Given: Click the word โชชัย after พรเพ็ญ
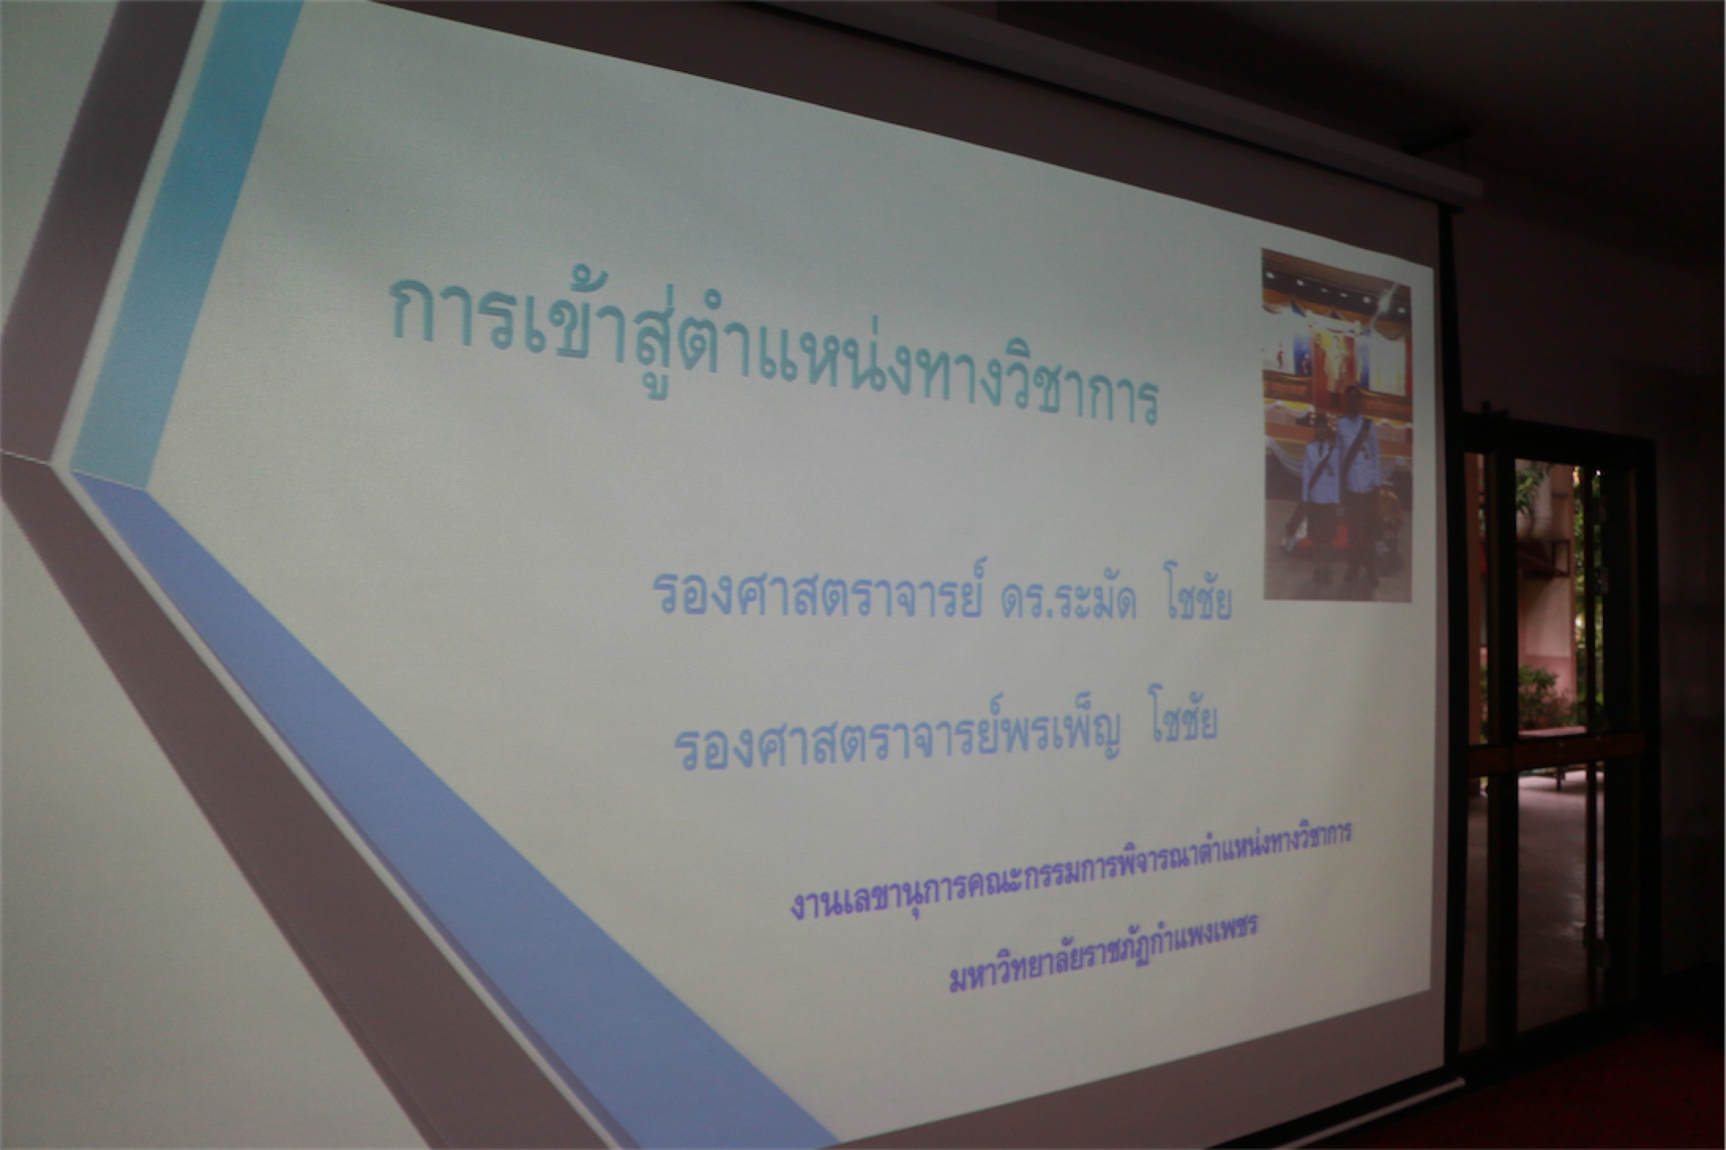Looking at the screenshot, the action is click(1180, 726).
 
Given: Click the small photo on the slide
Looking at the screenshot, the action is click(1336, 426).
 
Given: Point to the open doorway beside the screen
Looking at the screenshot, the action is click(1546, 710).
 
